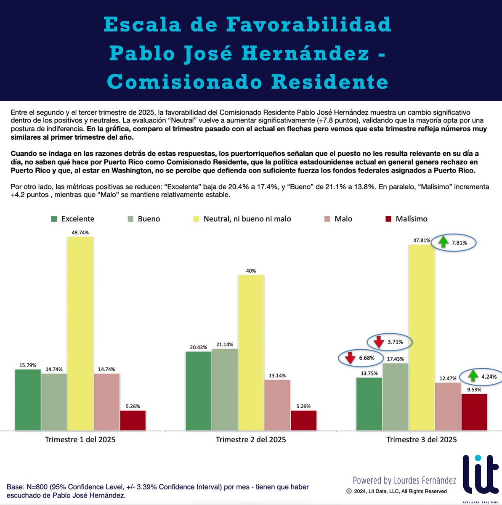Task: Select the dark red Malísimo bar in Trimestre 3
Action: click(474, 412)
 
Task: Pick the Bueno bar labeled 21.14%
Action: click(225, 389)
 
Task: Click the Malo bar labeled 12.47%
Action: click(448, 406)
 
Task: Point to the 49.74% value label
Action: click(80, 232)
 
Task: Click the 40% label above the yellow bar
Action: click(251, 271)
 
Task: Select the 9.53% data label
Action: click(474, 390)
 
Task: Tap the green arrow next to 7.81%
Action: click(443, 242)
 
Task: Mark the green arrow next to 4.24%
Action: click(473, 375)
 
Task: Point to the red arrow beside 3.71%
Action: click(379, 341)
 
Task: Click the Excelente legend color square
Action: click(54, 219)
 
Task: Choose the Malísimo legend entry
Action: click(406, 219)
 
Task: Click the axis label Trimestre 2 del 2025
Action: click(251, 440)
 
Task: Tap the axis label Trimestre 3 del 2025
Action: click(421, 440)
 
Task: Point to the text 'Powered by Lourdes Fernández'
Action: click(404, 480)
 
